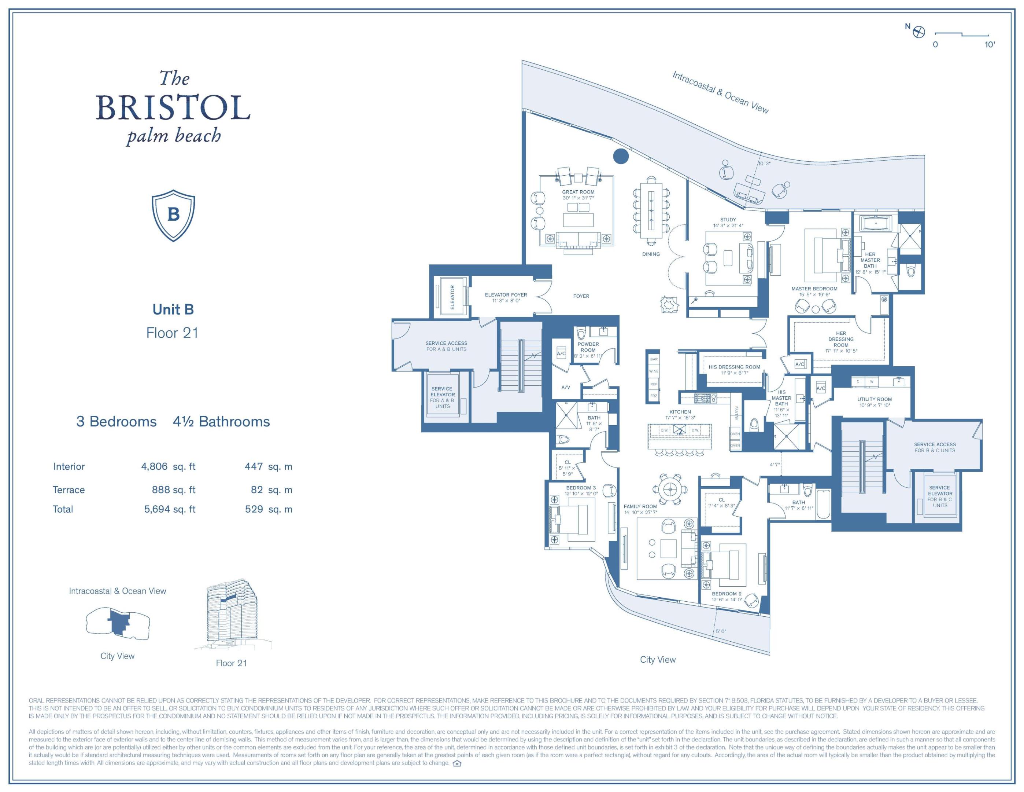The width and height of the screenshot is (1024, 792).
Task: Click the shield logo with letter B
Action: click(173, 215)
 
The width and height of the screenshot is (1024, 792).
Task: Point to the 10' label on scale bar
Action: click(989, 45)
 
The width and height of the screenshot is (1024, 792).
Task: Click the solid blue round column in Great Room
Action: click(620, 156)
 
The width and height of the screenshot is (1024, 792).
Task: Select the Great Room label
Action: click(578, 192)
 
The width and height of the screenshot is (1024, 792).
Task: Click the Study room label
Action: click(728, 220)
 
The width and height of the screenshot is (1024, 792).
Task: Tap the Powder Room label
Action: click(588, 347)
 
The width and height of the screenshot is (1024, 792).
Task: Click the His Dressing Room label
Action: click(734, 367)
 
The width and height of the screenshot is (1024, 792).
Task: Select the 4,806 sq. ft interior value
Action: click(168, 466)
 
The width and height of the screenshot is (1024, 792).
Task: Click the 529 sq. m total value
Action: click(268, 509)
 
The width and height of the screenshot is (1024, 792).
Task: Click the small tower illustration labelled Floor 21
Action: click(232, 615)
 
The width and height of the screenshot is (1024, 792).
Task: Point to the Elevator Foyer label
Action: click(506, 295)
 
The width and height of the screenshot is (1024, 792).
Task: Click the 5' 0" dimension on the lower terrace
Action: click(721, 631)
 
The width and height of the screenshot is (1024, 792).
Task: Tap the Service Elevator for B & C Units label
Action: click(940, 496)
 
